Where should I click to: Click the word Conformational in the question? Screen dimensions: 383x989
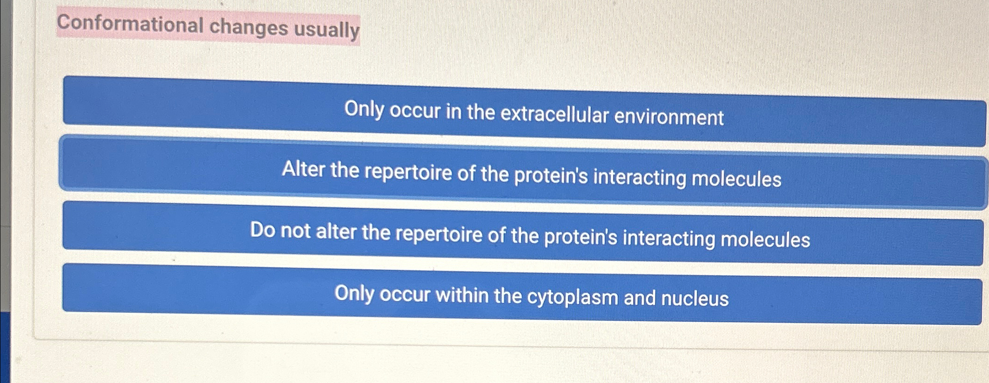tap(130, 24)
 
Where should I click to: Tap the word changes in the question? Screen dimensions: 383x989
tap(248, 27)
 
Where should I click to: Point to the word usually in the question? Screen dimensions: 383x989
tap(327, 29)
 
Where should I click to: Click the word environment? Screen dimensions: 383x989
tap(668, 117)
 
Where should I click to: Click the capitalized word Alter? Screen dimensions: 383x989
tap(303, 169)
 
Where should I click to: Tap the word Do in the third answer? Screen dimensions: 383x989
tap(262, 230)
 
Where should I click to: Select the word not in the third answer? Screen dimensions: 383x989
tap(295, 231)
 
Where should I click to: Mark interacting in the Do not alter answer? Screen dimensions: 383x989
tap(668, 238)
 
